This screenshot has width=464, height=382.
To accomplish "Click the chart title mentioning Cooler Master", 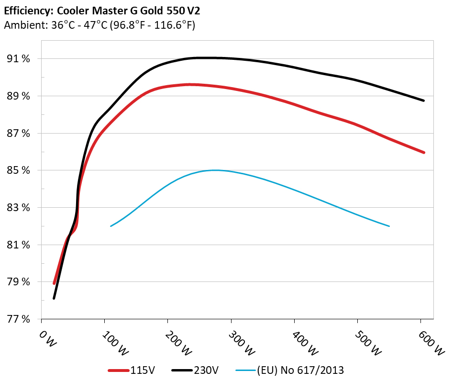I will pos(101,10).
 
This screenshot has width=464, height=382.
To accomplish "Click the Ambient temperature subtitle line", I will pos(99,25).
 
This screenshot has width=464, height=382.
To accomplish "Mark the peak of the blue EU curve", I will pos(215,170).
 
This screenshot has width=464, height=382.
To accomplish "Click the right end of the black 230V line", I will pos(423,101).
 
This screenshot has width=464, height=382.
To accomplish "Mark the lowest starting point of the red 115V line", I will pos(54,283).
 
